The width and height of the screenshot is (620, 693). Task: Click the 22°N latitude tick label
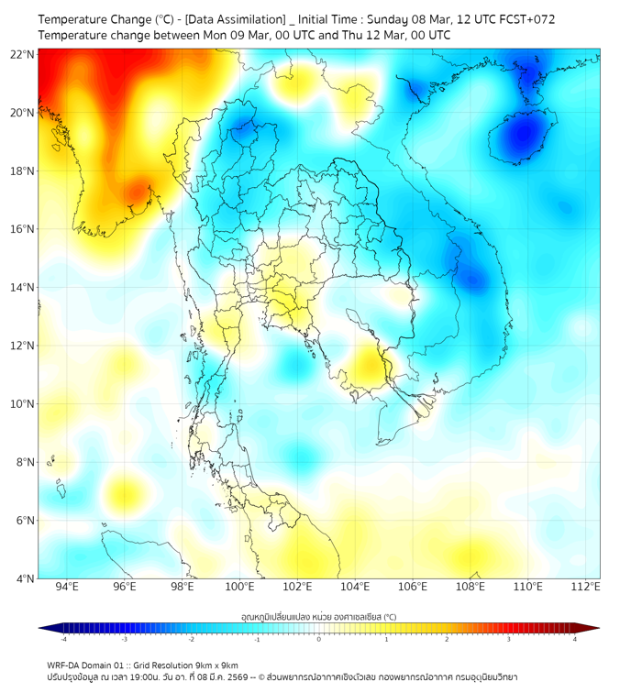(23, 54)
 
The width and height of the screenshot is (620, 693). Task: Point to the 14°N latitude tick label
(23, 287)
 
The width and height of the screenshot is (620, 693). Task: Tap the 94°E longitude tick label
(67, 587)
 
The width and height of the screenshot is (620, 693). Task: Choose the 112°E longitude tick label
(586, 587)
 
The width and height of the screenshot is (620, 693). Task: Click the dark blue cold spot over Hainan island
(522, 135)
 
